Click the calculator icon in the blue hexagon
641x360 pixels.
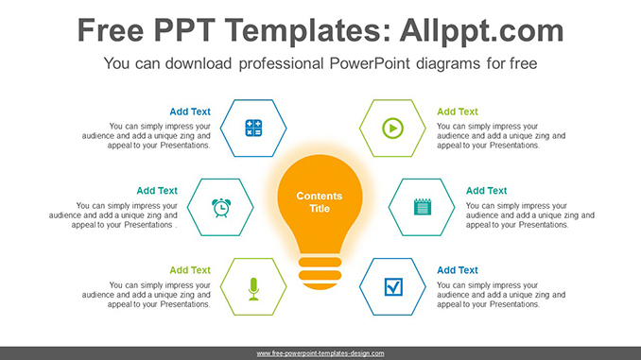(253, 128)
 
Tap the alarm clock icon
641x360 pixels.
(220, 206)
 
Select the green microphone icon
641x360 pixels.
(253, 286)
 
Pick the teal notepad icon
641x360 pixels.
(422, 206)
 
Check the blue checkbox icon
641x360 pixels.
(391, 286)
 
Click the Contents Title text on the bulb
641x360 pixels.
(320, 202)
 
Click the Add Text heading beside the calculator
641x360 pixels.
(190, 111)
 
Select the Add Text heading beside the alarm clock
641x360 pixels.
(157, 191)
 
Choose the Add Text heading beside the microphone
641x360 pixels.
(190, 270)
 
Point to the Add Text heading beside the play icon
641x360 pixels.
(458, 111)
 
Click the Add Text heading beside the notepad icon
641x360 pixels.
(486, 191)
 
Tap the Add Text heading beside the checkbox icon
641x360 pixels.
(458, 270)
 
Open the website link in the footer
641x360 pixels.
(320, 352)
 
